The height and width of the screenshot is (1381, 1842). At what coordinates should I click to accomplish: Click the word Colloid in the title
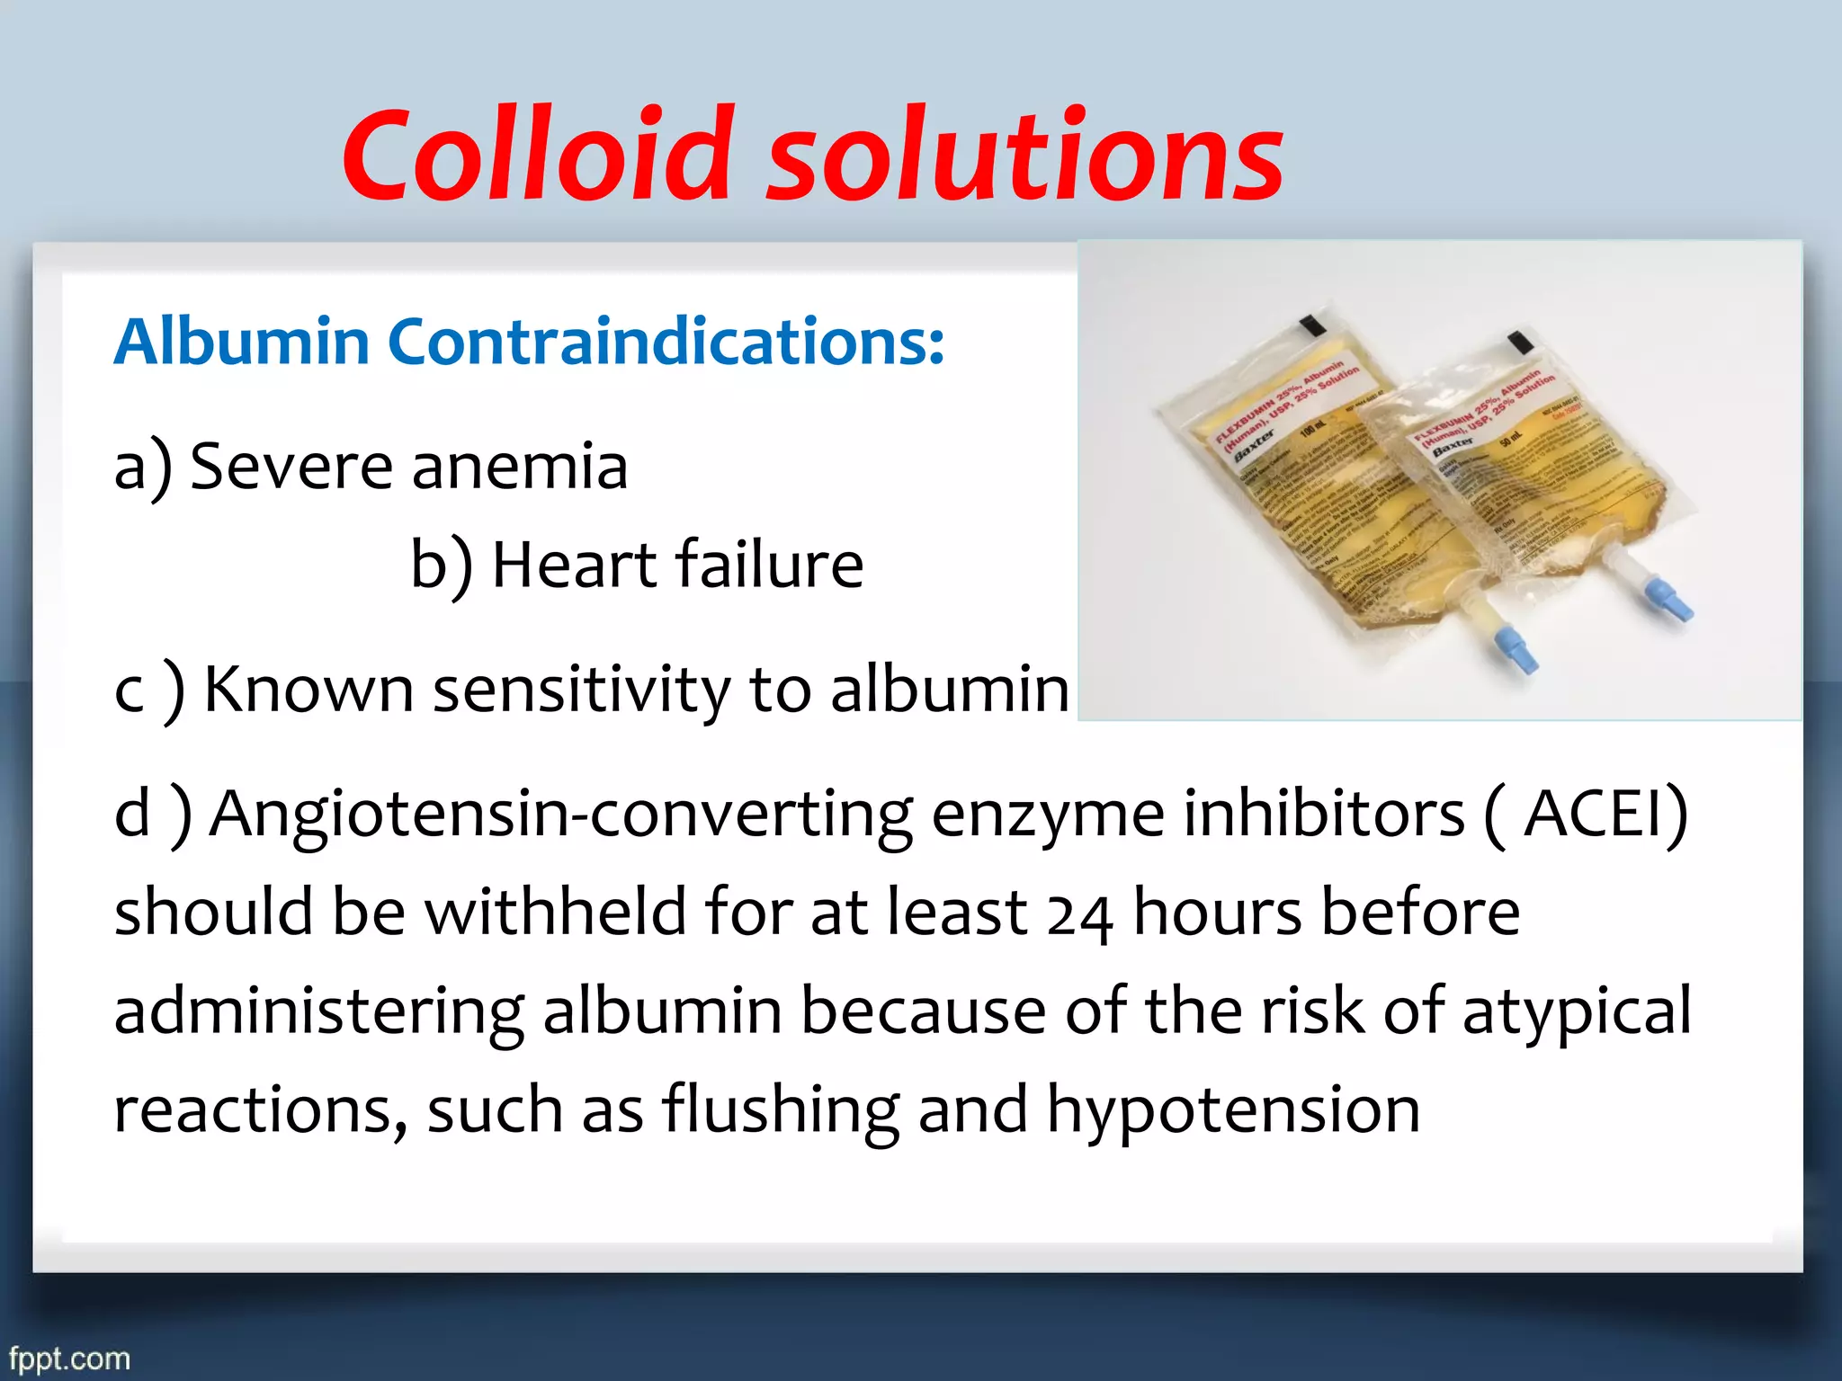539,155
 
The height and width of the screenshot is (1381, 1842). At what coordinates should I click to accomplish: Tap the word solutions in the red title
1025,155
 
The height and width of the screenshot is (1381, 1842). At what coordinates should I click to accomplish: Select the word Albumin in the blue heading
241,343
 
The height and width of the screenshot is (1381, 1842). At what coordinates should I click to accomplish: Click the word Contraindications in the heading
666,343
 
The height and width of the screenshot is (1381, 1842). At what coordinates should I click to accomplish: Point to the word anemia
519,468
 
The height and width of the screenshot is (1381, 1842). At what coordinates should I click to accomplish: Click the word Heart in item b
574,565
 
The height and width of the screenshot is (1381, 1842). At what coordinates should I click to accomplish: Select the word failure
770,565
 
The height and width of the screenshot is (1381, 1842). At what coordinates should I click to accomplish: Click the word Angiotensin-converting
561,815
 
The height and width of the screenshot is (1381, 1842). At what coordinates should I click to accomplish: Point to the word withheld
554,912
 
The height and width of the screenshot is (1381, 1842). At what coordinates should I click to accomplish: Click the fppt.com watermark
70,1358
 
